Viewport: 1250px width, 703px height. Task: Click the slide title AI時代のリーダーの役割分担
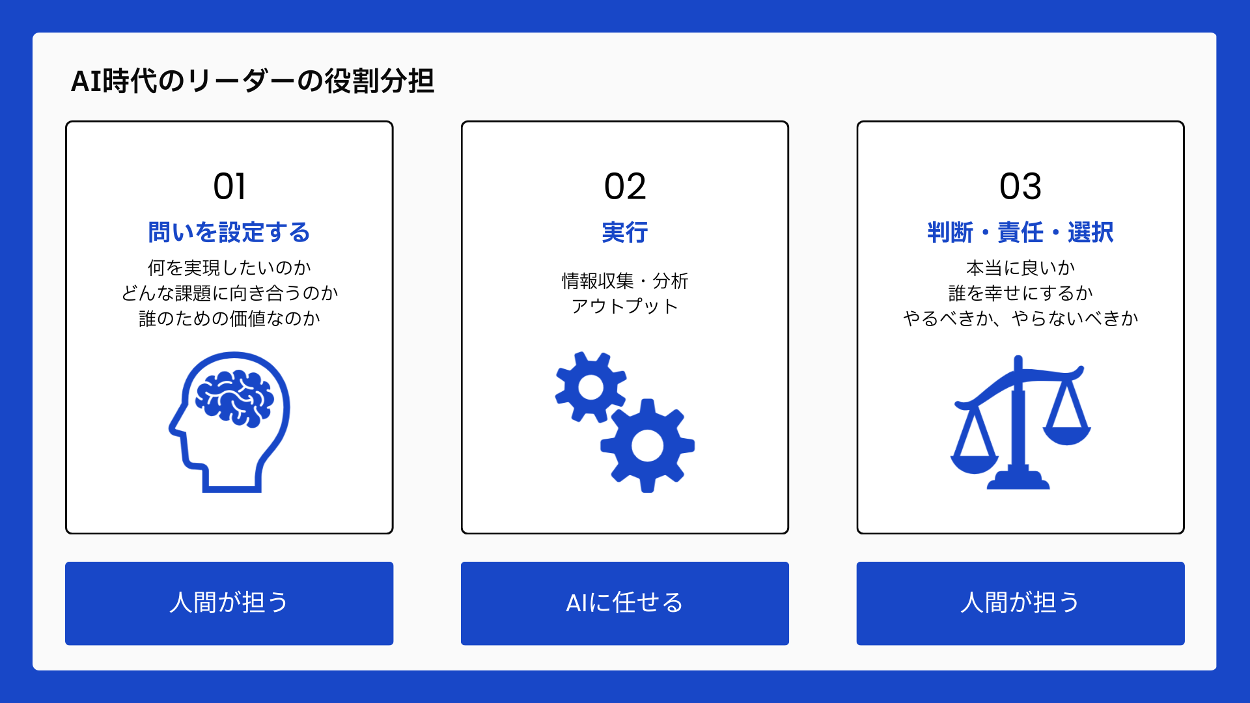253,81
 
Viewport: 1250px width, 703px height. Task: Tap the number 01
229,187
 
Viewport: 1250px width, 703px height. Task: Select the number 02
625,187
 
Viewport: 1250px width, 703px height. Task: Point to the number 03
1020,187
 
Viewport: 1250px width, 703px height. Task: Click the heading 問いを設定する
229,232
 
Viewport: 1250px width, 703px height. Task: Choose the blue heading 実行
625,232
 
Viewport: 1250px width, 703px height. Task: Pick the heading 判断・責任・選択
1020,232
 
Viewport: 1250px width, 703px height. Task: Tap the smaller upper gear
591,387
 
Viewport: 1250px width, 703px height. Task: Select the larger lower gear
647,447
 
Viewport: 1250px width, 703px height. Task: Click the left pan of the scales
975,463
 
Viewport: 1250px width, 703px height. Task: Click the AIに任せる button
625,603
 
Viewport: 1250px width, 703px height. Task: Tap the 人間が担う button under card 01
229,603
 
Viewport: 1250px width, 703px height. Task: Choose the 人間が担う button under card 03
1020,603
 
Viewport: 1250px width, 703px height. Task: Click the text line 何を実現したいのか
229,268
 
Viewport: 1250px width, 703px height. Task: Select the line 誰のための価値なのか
229,318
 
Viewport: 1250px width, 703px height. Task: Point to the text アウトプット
625,306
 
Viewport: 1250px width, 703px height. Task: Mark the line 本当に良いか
1020,268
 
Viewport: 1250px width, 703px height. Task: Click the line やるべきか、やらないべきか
1020,318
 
